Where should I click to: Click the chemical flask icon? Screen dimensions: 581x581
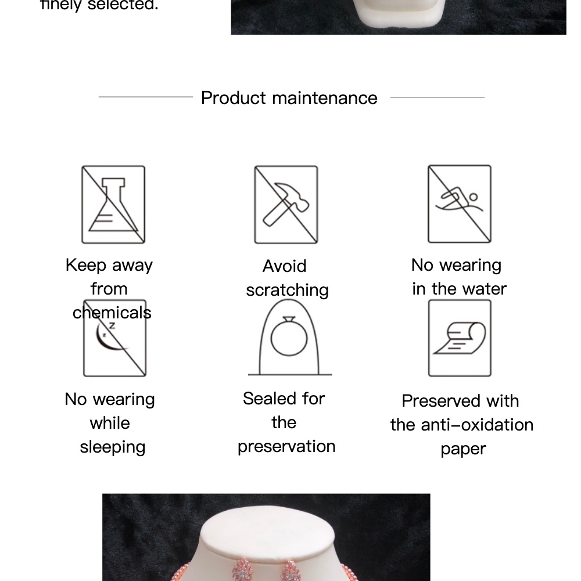[x=113, y=205]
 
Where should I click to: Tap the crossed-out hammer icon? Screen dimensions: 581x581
[x=286, y=205]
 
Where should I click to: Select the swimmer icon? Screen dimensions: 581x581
[x=460, y=204]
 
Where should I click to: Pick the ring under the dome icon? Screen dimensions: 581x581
[x=289, y=337]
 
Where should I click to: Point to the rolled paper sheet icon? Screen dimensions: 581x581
[x=460, y=338]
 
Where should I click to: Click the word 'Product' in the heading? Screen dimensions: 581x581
[x=234, y=98]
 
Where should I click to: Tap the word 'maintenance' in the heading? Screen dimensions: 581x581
[x=325, y=98]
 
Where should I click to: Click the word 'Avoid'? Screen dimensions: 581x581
[x=285, y=266]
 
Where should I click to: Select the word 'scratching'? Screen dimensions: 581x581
[x=287, y=290]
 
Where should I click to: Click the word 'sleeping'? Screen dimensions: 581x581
[x=113, y=447]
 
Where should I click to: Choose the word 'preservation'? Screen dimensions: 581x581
[x=286, y=446]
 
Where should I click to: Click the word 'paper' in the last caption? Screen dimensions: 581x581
[x=463, y=450]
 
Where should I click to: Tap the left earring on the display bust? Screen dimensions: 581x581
[x=243, y=569]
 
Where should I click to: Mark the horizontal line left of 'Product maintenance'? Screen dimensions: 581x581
[x=146, y=97]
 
